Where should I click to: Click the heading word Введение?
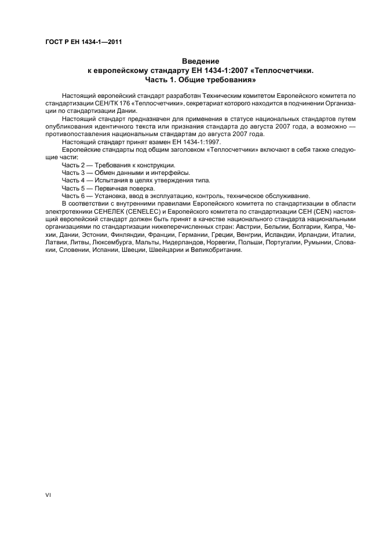click(x=200, y=61)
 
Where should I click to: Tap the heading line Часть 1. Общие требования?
click(x=200, y=79)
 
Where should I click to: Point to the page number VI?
click(x=48, y=496)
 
